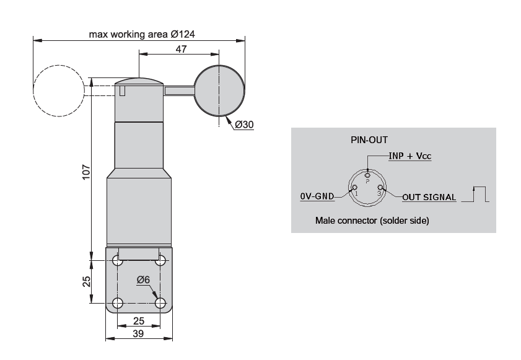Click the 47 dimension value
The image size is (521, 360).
(x=181, y=49)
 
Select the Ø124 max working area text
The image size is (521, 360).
(x=142, y=34)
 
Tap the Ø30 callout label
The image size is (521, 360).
(x=244, y=125)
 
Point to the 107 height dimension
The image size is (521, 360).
(x=86, y=172)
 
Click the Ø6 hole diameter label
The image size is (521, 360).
(x=143, y=280)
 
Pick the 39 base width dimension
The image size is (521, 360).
(x=139, y=333)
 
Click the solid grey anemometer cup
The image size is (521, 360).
(x=219, y=90)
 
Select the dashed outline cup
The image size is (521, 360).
(x=59, y=90)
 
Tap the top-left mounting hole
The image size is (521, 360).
(x=118, y=260)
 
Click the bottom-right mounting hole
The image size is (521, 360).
(x=160, y=303)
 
